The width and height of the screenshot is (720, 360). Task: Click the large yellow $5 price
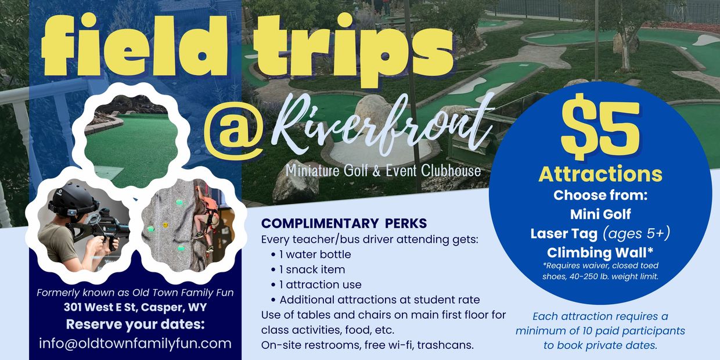600,127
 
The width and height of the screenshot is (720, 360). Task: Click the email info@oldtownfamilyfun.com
135,344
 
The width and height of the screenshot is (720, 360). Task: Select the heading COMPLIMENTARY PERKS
344,223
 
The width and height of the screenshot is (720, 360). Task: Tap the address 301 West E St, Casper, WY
135,307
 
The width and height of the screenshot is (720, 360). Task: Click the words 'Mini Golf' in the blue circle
600,214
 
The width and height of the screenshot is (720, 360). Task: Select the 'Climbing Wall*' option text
600,253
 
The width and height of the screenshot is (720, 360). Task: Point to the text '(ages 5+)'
636,233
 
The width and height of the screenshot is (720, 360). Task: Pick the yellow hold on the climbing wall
165,225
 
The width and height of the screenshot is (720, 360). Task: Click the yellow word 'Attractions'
600,174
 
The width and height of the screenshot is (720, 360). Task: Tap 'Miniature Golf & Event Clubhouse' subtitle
383,170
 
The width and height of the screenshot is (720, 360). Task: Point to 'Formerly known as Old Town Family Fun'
135,293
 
